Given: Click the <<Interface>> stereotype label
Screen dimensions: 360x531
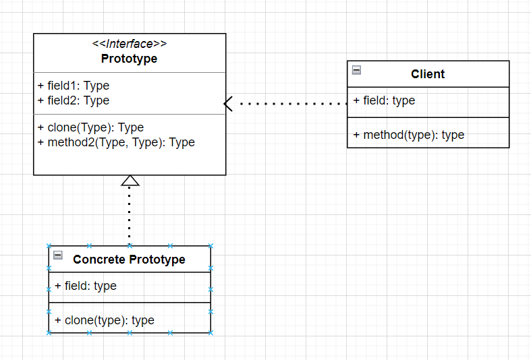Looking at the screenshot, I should pos(129,44).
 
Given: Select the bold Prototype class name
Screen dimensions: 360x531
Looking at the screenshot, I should pos(129,59).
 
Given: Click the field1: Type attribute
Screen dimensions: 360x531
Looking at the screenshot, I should pos(74,86).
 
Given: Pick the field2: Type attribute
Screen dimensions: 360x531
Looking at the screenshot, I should pos(74,100).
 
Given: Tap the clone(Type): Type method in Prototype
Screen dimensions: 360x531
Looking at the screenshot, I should pos(90,127).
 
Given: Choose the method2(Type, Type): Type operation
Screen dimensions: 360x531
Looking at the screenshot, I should pos(116,142).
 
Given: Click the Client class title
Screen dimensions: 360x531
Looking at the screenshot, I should pos(428,74).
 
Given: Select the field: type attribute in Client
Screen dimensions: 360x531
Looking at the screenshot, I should pos(384,100).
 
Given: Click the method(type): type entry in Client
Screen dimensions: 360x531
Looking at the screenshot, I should pos(408,135).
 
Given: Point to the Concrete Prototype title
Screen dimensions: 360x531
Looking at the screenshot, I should pos(129,260).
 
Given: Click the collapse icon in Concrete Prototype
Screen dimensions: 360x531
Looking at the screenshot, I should pos(58,256).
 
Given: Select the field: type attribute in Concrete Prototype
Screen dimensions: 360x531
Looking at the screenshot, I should pos(86,286).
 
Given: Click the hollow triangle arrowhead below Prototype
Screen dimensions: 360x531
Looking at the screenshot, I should pos(130,180).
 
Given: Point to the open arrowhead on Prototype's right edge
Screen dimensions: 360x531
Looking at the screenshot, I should pos(229,104).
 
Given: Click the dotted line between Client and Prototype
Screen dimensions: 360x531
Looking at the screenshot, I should pos(290,104).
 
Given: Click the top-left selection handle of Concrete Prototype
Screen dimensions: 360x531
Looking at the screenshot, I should pos(49,246).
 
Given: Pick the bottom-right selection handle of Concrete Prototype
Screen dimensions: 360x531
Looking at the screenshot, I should pos(211,332).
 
